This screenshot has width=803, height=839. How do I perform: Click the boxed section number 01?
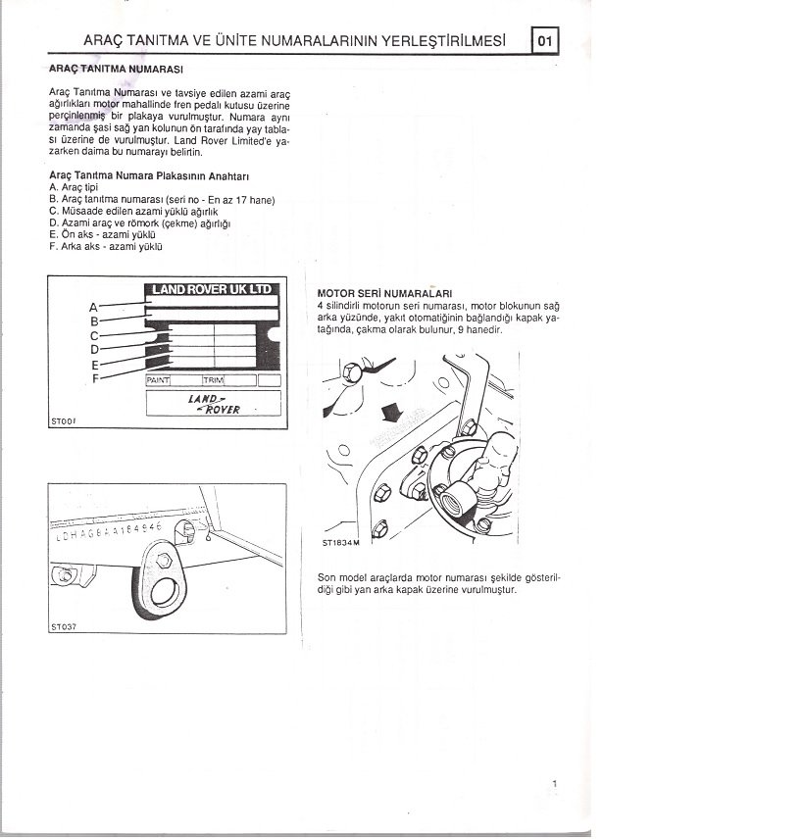click(546, 40)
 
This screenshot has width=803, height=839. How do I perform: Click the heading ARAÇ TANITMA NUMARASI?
click(117, 70)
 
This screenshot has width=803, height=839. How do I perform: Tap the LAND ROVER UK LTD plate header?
click(211, 289)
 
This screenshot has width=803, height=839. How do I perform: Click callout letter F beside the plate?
click(95, 378)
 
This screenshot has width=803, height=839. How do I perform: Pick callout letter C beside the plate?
click(94, 335)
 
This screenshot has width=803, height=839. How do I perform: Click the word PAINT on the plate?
click(159, 379)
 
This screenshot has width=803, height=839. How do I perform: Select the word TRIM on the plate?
click(215, 379)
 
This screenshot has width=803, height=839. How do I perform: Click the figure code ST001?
click(63, 422)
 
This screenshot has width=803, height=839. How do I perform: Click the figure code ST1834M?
click(341, 542)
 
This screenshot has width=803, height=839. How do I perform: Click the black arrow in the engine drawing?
click(391, 409)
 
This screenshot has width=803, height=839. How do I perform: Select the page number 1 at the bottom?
click(555, 783)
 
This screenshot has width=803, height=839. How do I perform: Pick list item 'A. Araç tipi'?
click(74, 186)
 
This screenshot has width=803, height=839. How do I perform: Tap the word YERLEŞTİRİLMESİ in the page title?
click(443, 41)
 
